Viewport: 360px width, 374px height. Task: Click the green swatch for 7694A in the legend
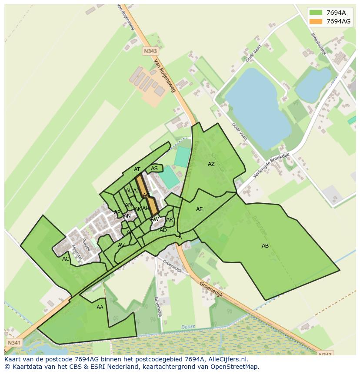tap(316, 13)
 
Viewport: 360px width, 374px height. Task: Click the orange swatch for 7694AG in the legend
tap(316, 21)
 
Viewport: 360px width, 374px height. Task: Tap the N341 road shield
tap(13, 343)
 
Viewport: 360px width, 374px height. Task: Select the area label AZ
tap(211, 164)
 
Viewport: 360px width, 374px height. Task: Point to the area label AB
tap(265, 246)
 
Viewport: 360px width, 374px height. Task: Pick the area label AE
tap(199, 209)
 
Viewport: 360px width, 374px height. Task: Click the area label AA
tap(100, 308)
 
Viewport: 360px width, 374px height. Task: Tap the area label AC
tap(66, 259)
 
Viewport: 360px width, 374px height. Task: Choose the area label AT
tap(137, 169)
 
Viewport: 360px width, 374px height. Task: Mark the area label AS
tap(154, 169)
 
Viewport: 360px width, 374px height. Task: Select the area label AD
tap(163, 230)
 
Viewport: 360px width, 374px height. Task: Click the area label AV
tap(121, 245)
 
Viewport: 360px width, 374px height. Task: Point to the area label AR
tap(170, 220)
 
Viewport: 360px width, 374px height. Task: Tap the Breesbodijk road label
tap(319, 44)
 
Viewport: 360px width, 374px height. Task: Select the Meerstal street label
tap(77, 252)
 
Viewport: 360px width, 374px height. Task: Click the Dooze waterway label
tap(188, 327)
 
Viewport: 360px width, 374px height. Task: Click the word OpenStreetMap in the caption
tap(235, 366)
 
